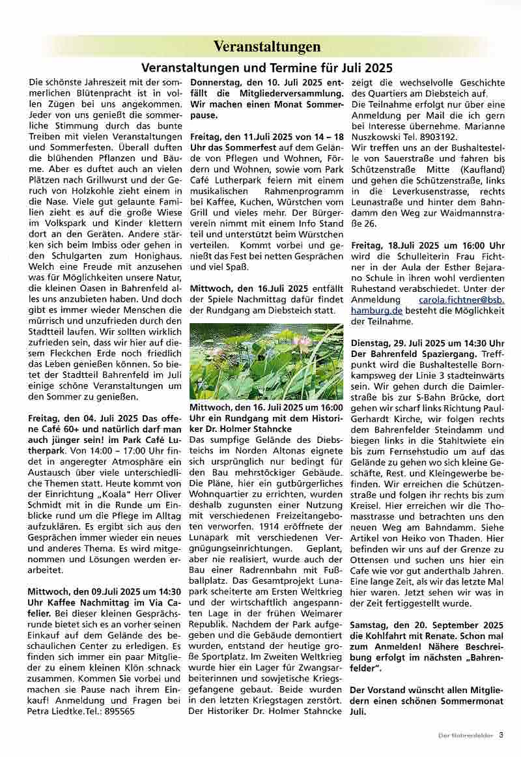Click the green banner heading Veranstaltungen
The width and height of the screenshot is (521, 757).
coord(267,46)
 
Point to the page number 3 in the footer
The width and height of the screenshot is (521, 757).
coord(501,736)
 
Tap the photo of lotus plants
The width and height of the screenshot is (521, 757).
coord(266,362)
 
